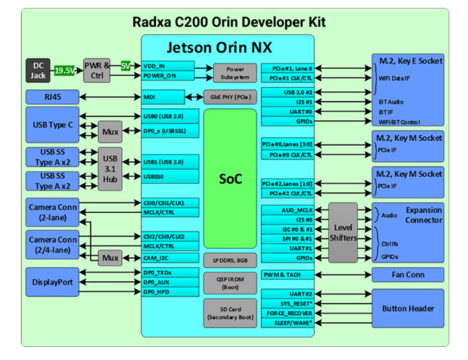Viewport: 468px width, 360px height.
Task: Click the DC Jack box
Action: click(x=38, y=70)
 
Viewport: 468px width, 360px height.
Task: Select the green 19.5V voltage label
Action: click(x=64, y=70)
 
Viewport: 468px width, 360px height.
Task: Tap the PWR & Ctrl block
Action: click(x=97, y=70)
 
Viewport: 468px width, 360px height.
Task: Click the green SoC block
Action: click(x=230, y=179)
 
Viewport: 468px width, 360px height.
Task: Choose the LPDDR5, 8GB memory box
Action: click(x=231, y=259)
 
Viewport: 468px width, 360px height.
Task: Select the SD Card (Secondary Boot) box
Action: click(x=231, y=313)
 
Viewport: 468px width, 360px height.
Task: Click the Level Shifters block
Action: click(x=343, y=232)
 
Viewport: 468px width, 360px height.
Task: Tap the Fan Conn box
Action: click(x=408, y=275)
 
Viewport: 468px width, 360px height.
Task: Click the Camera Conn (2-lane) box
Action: click(x=53, y=212)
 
